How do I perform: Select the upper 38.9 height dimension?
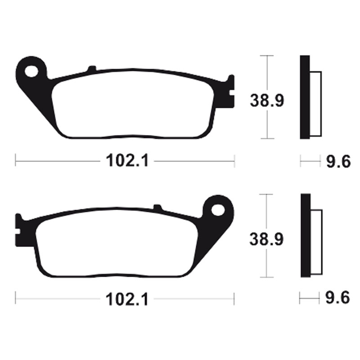coord(267,101)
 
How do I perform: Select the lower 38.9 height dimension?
coord(267,239)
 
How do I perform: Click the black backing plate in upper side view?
coord(305,97)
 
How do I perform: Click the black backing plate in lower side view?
coord(305,235)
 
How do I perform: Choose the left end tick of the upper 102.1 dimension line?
coord(16,160)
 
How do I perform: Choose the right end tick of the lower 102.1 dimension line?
coord(234,298)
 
